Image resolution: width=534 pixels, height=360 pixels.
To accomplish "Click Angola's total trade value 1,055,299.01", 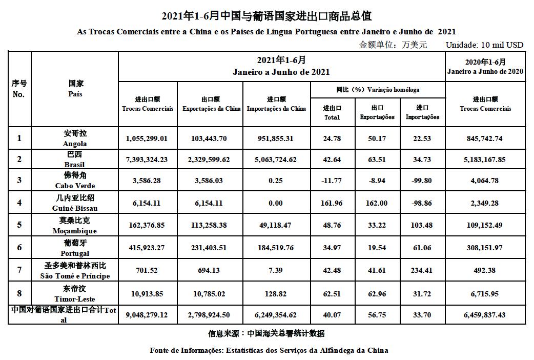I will click(147, 138).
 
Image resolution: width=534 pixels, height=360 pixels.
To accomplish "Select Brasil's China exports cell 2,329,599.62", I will click(211, 159).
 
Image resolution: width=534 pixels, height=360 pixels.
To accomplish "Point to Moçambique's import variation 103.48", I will click(422, 225).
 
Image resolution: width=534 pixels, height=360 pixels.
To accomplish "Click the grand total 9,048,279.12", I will click(147, 315).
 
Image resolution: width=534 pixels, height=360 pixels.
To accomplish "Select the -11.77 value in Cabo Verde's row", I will click(332, 181).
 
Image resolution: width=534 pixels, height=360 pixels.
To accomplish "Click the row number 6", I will click(19, 247).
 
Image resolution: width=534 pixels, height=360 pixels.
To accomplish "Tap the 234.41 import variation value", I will click(422, 270).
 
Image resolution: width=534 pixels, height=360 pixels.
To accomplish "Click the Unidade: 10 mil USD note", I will click(484, 45).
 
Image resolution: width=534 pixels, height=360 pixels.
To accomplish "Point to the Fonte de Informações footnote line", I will click(269, 350).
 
